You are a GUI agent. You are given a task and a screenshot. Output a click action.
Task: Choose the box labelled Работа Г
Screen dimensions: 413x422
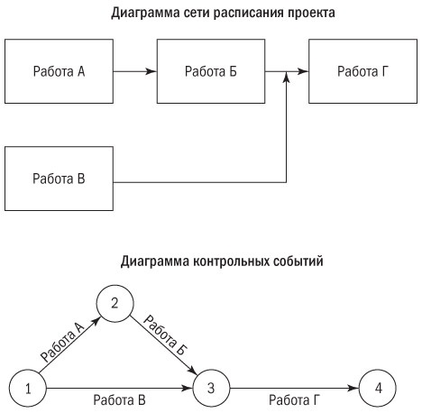(362, 69)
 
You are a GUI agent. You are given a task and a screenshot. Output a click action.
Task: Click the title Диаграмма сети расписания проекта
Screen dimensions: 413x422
(211, 14)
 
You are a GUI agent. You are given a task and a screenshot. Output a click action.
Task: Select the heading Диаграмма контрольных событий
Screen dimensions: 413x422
(211, 262)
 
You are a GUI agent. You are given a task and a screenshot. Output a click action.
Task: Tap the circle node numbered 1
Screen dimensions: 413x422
(28, 390)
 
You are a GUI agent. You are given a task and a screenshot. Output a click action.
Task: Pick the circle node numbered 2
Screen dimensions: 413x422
(115, 303)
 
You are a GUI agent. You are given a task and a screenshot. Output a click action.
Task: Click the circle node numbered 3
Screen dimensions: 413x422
(209, 390)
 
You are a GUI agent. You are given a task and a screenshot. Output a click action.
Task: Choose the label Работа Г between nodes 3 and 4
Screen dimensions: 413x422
(292, 399)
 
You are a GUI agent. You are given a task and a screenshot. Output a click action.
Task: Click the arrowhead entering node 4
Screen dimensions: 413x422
(353, 390)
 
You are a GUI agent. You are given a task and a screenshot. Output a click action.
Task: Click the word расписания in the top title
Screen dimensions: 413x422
(233, 14)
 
